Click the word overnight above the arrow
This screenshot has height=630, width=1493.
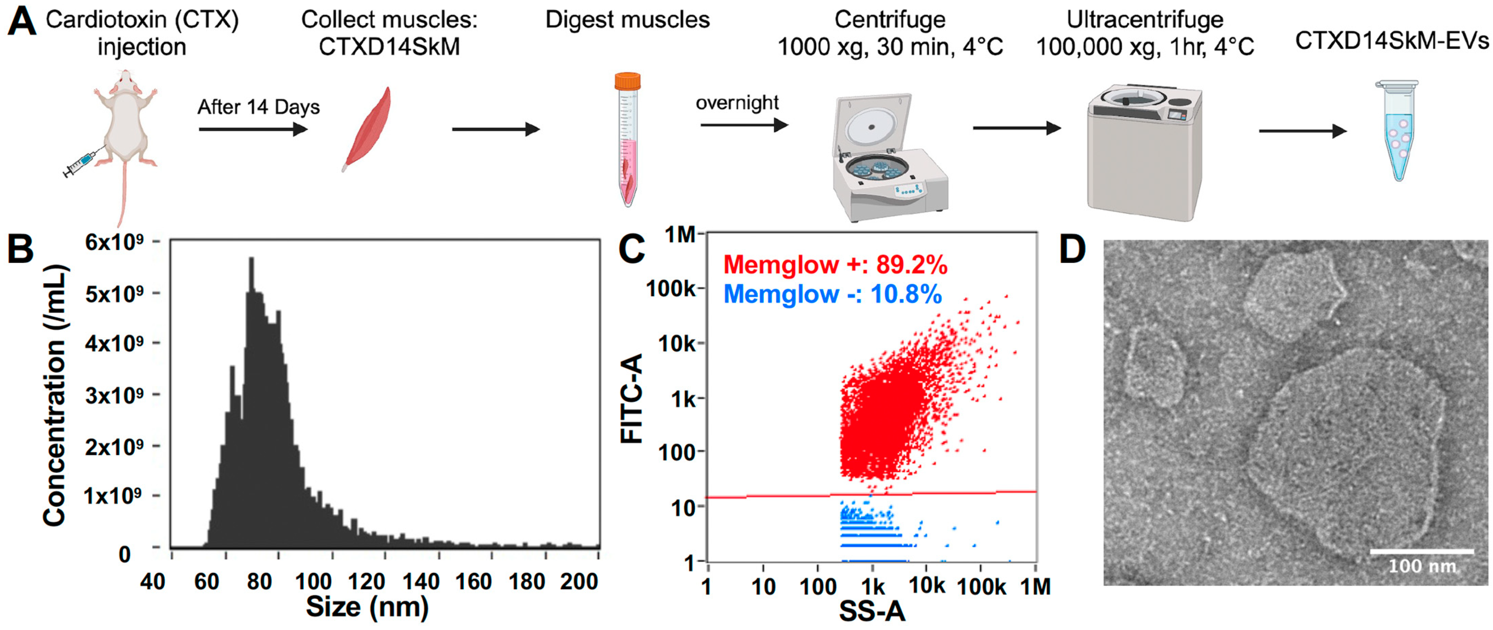pyautogui.click(x=737, y=102)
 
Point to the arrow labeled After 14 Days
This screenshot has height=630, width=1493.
pyautogui.click(x=253, y=129)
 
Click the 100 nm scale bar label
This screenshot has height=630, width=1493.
pyautogui.click(x=1422, y=566)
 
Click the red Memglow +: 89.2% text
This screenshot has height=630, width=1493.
pyautogui.click(x=835, y=265)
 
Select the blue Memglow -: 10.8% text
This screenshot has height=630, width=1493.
pyautogui.click(x=832, y=294)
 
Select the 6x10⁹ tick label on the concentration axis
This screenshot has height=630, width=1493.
pyautogui.click(x=114, y=242)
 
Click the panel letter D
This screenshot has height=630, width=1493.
pyautogui.click(x=1072, y=251)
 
